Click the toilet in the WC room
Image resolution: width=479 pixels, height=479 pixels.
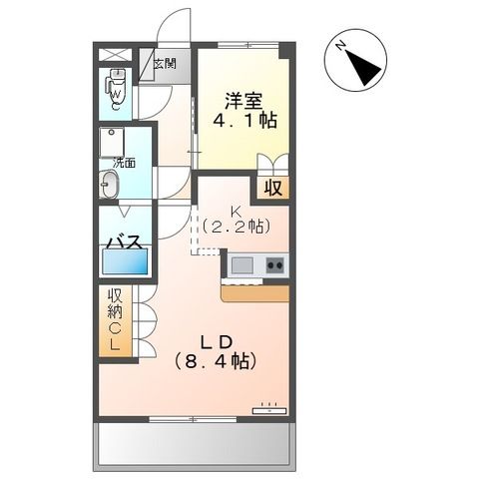click(117, 89)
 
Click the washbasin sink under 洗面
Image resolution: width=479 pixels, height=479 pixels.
click(109, 184)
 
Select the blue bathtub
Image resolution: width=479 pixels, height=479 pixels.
click(124, 263)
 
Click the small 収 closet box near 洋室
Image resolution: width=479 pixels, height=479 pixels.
click(270, 187)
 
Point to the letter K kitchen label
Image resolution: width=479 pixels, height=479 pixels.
click(237, 211)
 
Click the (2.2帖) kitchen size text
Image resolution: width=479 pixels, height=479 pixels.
click(237, 228)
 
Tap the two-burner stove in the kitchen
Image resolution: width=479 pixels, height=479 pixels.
click(274, 264)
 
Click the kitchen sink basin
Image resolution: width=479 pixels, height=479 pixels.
click(242, 264)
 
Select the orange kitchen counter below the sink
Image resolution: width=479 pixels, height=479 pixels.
click(255, 291)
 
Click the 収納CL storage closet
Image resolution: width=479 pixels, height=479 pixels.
click(113, 320)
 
